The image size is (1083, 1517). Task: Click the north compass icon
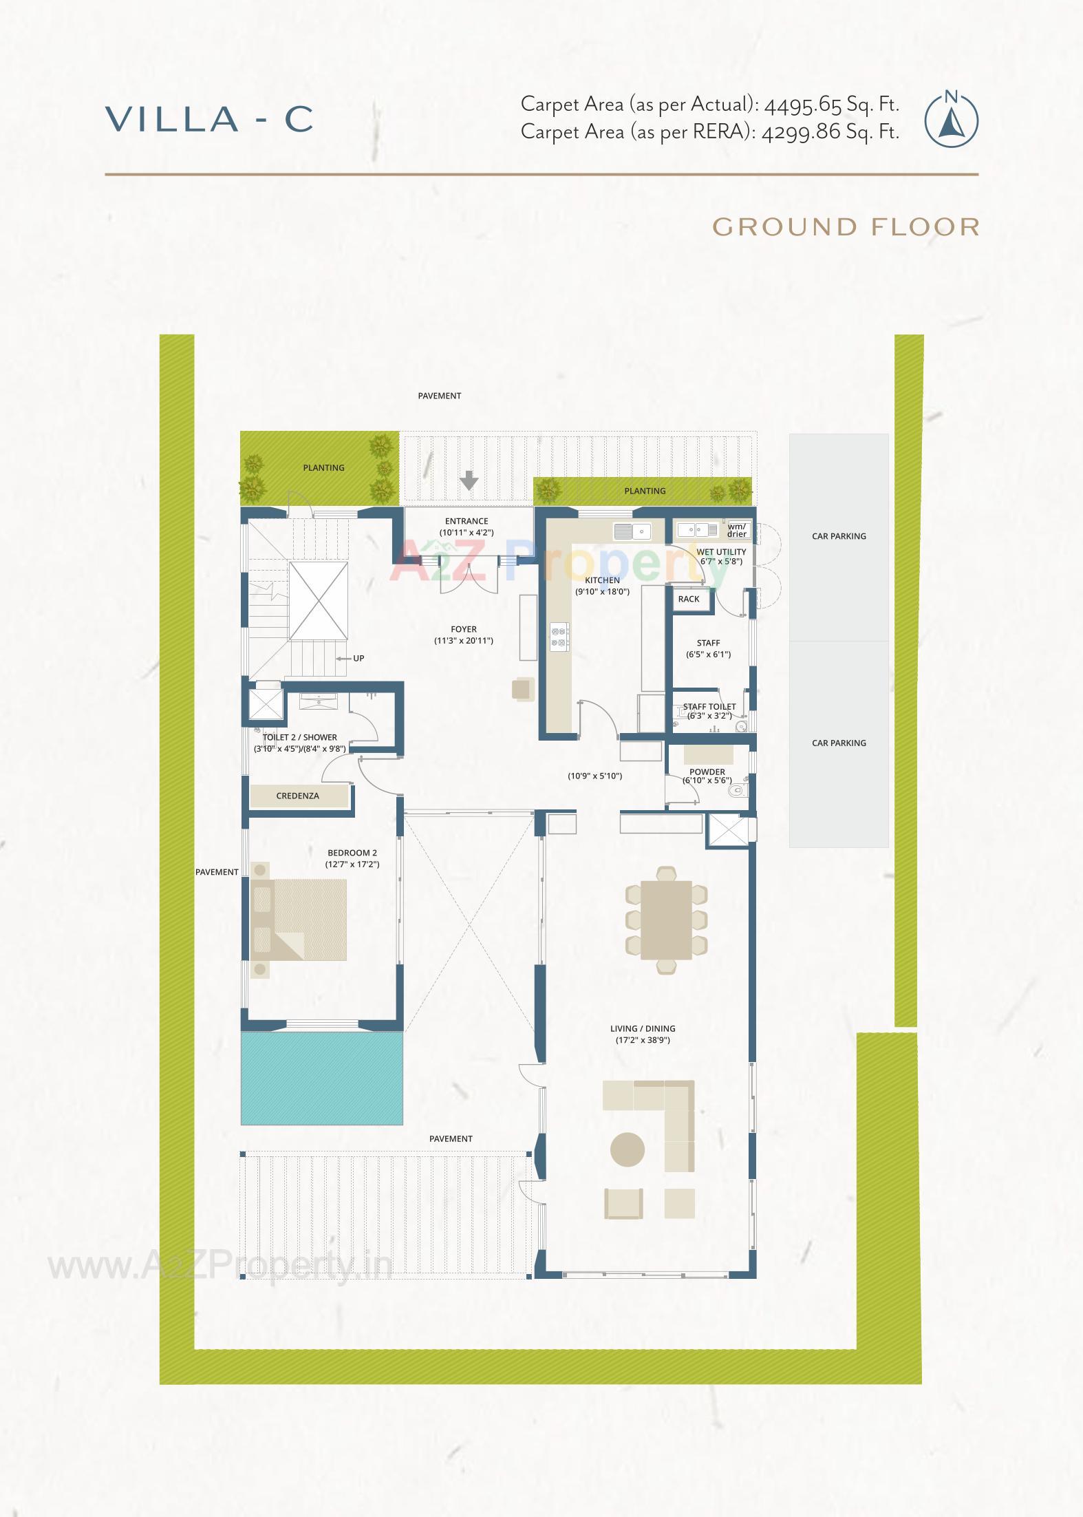click(x=951, y=120)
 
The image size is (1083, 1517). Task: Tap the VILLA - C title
click(x=210, y=119)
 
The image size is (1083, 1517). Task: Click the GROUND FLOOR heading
click(x=846, y=227)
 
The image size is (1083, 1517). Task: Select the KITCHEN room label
click(x=602, y=580)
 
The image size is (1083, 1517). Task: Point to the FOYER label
click(x=464, y=629)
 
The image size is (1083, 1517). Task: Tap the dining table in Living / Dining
click(x=666, y=920)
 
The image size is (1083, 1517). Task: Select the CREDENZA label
click(x=298, y=796)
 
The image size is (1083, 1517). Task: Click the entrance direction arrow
click(x=469, y=480)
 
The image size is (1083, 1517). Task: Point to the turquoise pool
click(x=321, y=1078)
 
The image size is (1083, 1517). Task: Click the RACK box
click(x=689, y=599)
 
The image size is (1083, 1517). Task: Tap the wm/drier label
click(x=737, y=530)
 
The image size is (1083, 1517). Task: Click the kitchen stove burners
click(x=559, y=636)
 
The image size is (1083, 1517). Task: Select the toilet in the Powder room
click(x=737, y=790)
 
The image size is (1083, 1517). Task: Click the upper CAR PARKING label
click(x=839, y=536)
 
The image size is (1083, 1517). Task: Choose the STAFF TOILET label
click(x=709, y=707)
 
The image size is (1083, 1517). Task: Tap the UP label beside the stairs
click(x=358, y=658)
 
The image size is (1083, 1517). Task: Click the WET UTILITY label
click(x=721, y=552)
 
